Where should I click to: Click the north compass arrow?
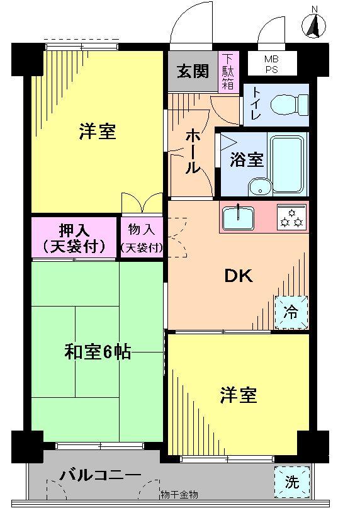tap(314, 25)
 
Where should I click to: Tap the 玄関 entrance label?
tap(192, 71)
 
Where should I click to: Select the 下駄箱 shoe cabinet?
tap(228, 72)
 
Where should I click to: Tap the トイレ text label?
tap(257, 104)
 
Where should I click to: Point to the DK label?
tap(239, 276)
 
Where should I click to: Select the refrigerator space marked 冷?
tap(291, 312)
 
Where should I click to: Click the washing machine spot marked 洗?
tap(292, 482)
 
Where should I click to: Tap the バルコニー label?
tap(101, 475)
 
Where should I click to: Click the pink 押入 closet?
tap(74, 237)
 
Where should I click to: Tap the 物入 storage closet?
tap(142, 237)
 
